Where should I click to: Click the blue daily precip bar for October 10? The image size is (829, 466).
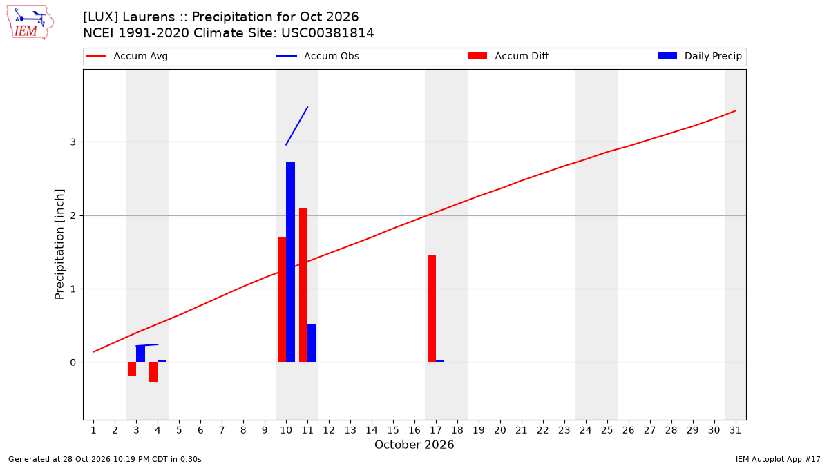(x=291, y=262)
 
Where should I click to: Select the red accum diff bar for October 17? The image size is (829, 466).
(x=432, y=309)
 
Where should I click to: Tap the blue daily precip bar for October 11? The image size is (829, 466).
(x=312, y=343)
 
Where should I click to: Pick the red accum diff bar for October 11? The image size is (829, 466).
(x=303, y=284)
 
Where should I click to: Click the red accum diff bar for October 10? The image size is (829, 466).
(x=282, y=300)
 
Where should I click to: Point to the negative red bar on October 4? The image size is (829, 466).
(x=153, y=372)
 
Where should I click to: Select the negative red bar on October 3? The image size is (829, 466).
(x=132, y=369)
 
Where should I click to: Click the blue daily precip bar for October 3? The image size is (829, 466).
(x=141, y=353)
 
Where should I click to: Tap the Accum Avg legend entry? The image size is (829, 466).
(x=127, y=56)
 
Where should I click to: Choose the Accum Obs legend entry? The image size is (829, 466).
(x=318, y=56)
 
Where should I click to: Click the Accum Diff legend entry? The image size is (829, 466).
(x=508, y=56)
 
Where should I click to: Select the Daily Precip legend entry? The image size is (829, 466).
(x=699, y=56)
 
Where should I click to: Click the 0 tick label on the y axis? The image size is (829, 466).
(x=73, y=362)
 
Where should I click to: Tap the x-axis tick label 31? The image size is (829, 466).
(x=735, y=430)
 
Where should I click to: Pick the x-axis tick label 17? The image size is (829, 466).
(x=436, y=430)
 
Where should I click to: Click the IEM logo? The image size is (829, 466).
(x=30, y=23)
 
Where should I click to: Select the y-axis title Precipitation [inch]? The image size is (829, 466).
(x=59, y=244)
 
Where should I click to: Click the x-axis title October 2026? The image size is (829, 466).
(x=414, y=445)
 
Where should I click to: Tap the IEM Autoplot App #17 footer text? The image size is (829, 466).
(x=778, y=459)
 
